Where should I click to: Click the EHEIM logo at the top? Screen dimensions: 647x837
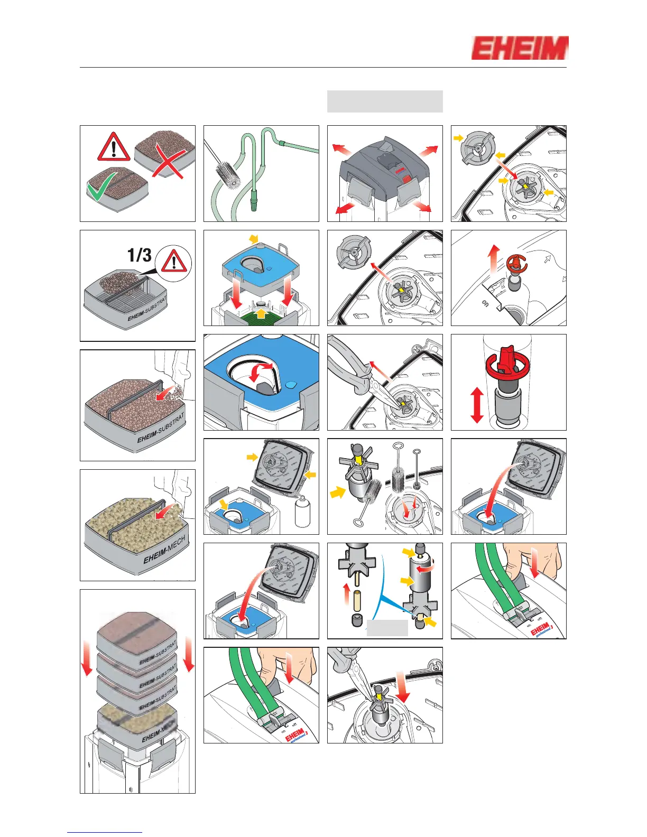click(x=520, y=48)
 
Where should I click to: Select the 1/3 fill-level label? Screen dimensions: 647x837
click(x=140, y=255)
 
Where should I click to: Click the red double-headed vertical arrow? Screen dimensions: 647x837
click(x=477, y=405)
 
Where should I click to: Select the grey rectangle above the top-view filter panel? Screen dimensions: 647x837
click(x=385, y=101)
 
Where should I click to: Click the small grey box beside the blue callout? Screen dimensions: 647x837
click(x=387, y=628)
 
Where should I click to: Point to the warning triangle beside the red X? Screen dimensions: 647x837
click(x=114, y=146)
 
